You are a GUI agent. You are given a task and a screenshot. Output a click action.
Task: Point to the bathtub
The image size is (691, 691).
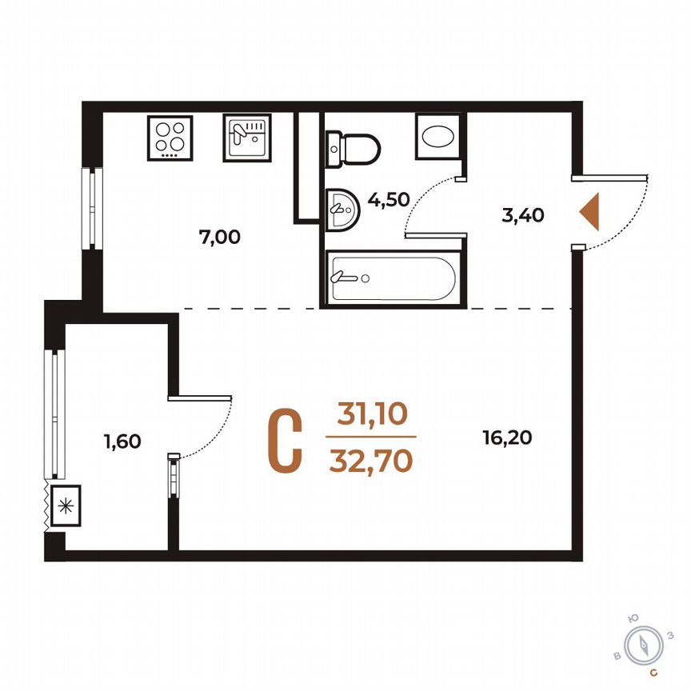point(392,278)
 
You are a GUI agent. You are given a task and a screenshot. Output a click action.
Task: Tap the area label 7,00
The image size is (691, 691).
point(218,237)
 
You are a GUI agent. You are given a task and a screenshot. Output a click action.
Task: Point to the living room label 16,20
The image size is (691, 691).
point(507,437)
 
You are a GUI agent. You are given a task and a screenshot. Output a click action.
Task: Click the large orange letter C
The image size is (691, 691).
point(285,441)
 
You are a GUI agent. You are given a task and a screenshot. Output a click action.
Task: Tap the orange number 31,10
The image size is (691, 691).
point(372,414)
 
